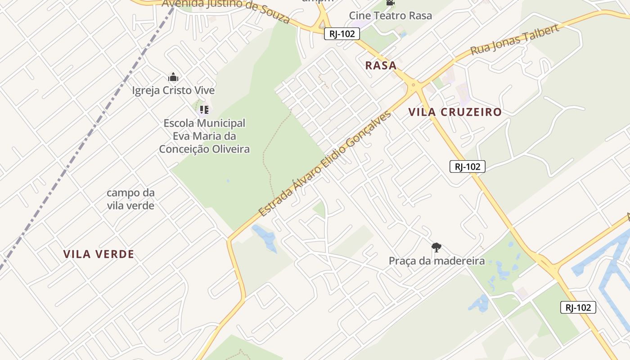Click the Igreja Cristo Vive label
[x=173, y=90]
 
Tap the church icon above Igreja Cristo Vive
[x=173, y=77]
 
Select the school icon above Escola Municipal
[x=204, y=109]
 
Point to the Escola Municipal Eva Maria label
[x=204, y=136]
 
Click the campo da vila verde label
[x=130, y=199]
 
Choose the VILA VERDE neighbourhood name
[x=99, y=254]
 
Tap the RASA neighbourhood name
[x=381, y=66]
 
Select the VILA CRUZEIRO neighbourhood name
[x=455, y=112]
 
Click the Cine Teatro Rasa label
[x=390, y=16]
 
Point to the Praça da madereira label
[x=436, y=261]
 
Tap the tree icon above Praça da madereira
[x=436, y=247]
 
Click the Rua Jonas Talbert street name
[x=514, y=40]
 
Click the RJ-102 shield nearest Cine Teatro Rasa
[x=342, y=33]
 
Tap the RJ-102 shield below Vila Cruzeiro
[x=468, y=166]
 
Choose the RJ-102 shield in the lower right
[x=578, y=307]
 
